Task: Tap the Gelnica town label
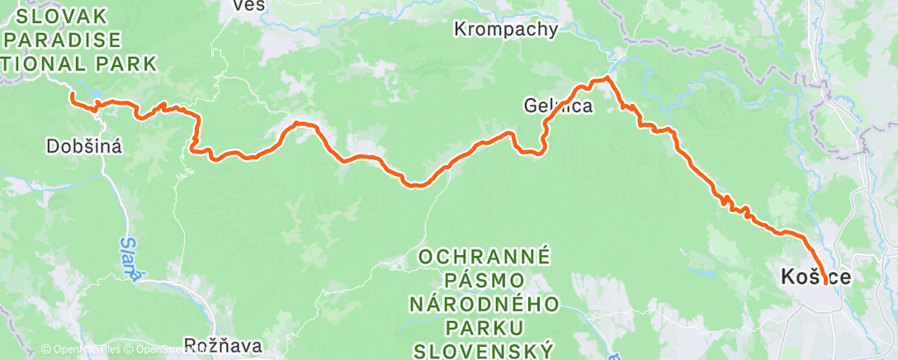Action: [559, 106]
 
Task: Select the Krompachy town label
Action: [506, 30]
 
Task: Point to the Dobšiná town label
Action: [86, 147]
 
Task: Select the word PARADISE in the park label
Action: [64, 40]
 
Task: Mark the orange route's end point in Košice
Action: [825, 283]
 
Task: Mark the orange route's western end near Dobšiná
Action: [73, 95]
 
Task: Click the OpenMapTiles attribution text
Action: [77, 350]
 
